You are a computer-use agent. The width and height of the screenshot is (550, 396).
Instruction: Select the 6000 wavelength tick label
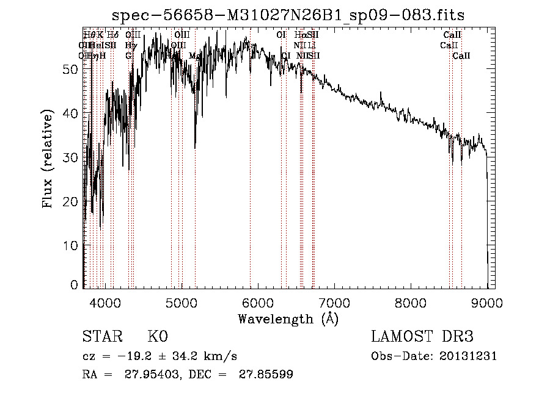point(258,302)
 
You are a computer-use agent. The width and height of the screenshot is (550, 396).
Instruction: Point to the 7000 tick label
point(334,302)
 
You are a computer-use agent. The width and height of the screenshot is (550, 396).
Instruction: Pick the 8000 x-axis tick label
point(411,302)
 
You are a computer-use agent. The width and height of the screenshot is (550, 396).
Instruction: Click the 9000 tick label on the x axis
point(487,302)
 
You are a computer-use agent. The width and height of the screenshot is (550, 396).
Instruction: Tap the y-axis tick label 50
point(71,70)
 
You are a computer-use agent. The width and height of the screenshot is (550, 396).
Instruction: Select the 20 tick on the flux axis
point(71,201)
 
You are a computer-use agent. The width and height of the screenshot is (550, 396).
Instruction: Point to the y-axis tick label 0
point(75,285)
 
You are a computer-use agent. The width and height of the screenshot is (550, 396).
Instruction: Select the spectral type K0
point(158,337)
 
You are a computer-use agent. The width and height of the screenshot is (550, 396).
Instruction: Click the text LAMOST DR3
point(422,337)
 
